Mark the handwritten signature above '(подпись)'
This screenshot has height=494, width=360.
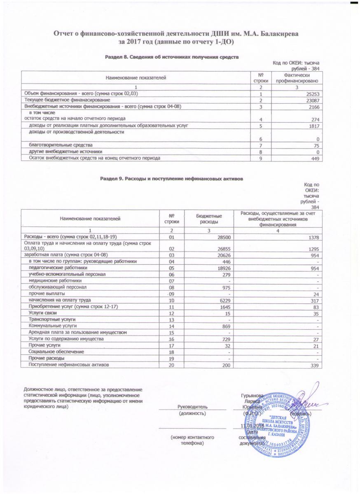[305, 398]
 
